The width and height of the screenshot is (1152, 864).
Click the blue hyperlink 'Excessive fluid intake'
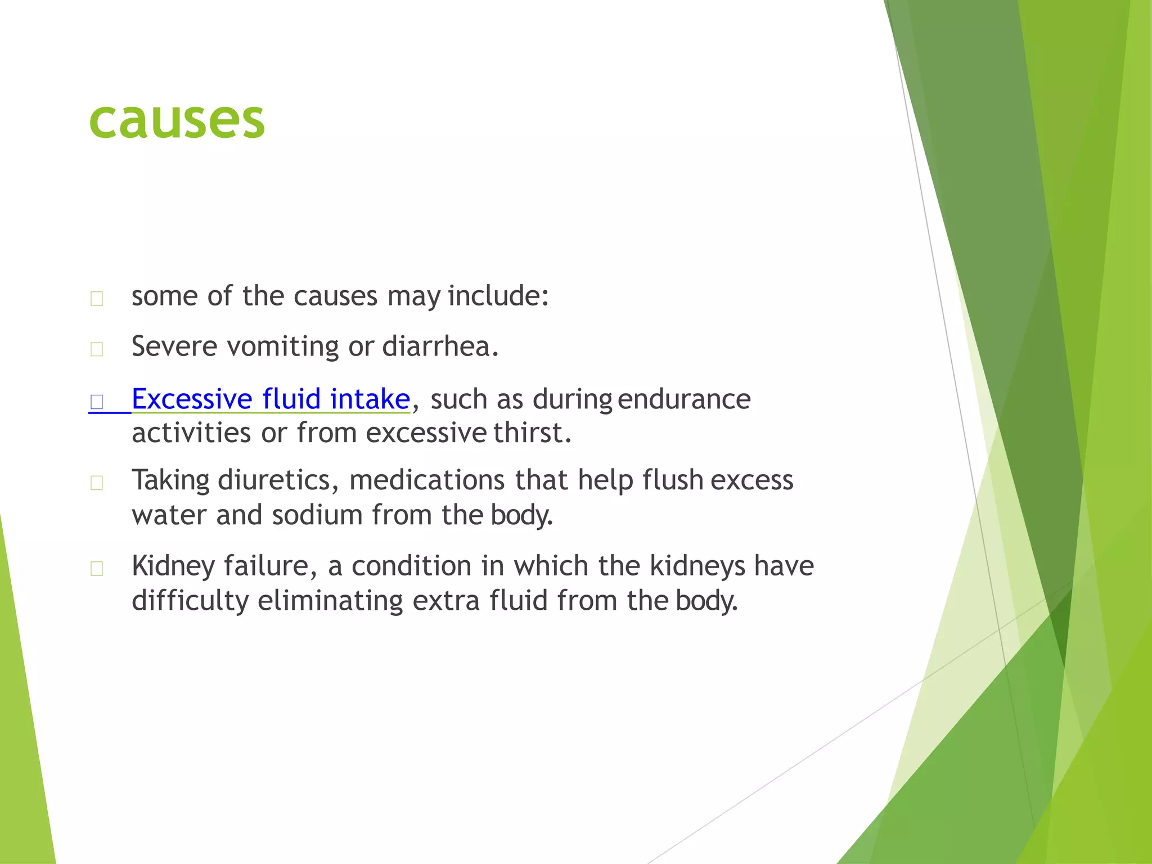tap(271, 399)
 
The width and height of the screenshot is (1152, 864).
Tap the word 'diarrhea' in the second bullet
tap(440, 346)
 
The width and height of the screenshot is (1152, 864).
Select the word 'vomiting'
tap(283, 346)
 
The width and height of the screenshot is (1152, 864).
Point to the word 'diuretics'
tap(278, 480)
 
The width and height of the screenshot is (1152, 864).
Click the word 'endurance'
tap(683, 399)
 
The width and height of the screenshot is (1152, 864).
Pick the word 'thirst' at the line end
tap(532, 433)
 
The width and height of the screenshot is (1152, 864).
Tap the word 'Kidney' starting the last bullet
tap(173, 566)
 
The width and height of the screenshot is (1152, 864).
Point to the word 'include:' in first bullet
tap(498, 296)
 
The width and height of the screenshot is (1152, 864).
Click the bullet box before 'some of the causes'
tap(97, 299)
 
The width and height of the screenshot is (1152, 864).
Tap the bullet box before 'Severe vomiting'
tap(97, 349)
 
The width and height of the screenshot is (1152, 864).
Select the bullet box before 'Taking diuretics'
tap(97, 483)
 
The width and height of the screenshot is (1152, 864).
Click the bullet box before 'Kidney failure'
tap(97, 569)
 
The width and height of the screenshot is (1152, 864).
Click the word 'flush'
tap(673, 480)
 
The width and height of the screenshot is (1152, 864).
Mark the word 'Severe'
tap(174, 346)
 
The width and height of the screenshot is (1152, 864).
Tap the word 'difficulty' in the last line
tap(190, 600)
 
